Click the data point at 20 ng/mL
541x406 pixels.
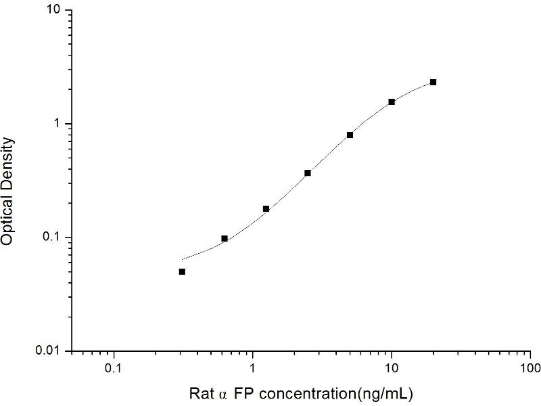(433, 82)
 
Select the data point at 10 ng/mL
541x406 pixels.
(392, 101)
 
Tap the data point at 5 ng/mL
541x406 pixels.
(350, 135)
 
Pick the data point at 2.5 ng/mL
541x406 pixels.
(308, 173)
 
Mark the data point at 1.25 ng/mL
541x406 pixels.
(266, 208)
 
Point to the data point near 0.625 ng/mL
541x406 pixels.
(224, 238)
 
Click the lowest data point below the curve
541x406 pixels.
(182, 271)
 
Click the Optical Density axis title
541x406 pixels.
(9, 191)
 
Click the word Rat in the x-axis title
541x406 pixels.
(201, 392)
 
